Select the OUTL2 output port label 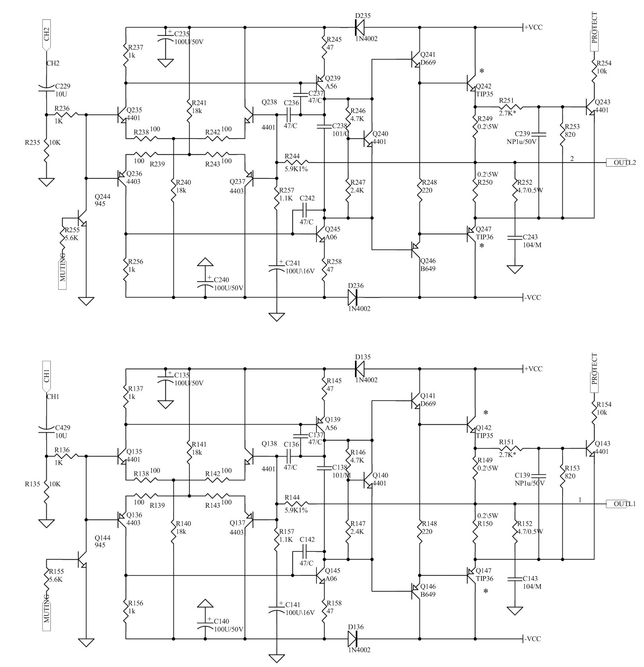click(x=621, y=163)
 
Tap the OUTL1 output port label click(x=621, y=504)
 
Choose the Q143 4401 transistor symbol click(x=590, y=449)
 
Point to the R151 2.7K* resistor click(x=511, y=449)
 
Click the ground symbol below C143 click(x=515, y=611)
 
